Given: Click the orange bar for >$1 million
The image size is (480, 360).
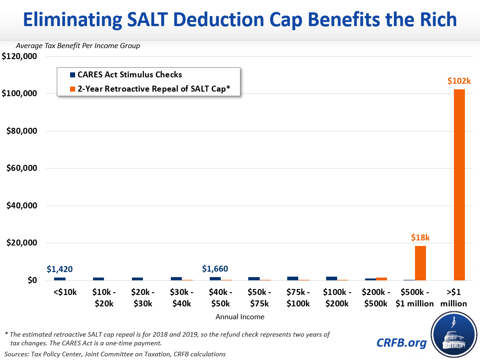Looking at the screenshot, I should (x=459, y=185).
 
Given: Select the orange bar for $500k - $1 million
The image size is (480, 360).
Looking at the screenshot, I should (x=420, y=263).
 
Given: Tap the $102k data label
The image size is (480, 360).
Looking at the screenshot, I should (x=459, y=81).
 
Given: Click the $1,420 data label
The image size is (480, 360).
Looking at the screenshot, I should (x=60, y=269).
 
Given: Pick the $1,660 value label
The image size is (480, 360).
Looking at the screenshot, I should (x=215, y=269).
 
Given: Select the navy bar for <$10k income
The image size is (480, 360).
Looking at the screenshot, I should (x=60, y=278).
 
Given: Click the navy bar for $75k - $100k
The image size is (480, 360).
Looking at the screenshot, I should (x=293, y=278).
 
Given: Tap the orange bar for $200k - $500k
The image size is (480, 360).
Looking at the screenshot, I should (x=382, y=278).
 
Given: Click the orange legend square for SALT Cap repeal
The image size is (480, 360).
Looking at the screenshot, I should (x=72, y=89).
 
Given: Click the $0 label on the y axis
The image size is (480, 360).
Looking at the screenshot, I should (x=32, y=280).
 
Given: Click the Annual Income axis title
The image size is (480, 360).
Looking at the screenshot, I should (x=240, y=316).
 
